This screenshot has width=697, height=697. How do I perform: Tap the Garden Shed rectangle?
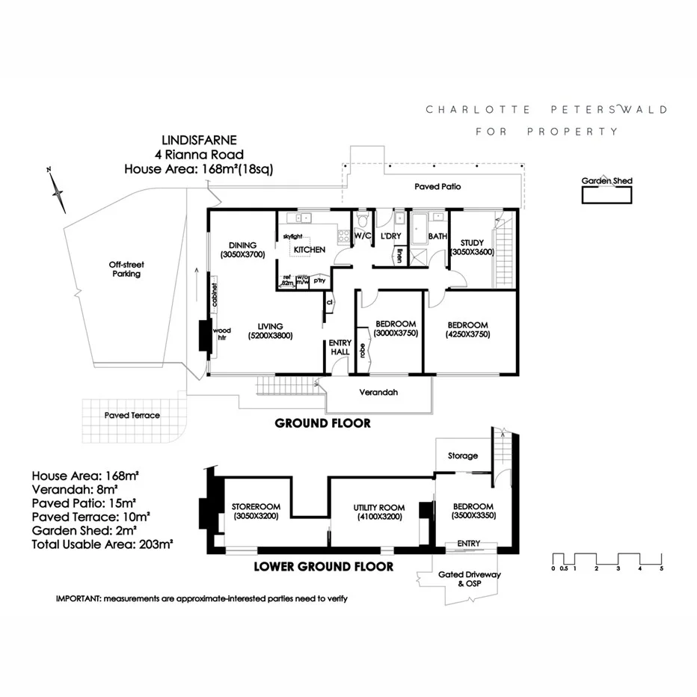[607, 195]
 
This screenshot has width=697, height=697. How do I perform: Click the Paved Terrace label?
[132, 415]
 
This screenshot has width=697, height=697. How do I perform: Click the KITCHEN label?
[309, 249]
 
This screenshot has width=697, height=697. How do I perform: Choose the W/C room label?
[363, 236]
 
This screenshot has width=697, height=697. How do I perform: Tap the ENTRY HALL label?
[340, 347]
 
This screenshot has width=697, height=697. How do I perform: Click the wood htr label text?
[222, 334]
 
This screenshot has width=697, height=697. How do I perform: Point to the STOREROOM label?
[255, 506]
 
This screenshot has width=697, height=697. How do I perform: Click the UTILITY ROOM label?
[378, 508]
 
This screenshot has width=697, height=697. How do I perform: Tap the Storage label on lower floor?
[462, 455]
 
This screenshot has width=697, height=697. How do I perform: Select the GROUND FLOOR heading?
[323, 423]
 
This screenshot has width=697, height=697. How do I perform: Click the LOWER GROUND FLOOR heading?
[323, 566]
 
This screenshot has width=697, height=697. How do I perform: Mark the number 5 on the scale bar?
[661, 568]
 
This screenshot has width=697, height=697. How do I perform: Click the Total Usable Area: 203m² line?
[102, 544]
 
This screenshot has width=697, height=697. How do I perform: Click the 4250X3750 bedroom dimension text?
[468, 334]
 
